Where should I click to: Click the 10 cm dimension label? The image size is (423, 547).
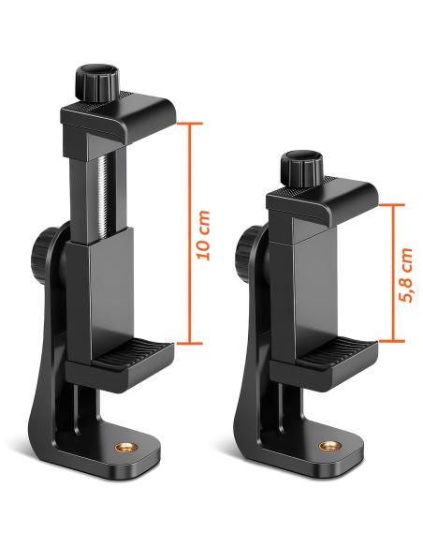pyautogui.click(x=203, y=235)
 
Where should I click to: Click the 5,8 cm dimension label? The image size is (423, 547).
pyautogui.click(x=406, y=274)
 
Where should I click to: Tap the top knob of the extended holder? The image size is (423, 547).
pyautogui.click(x=97, y=82)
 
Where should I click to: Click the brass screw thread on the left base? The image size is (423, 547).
pyautogui.click(x=124, y=447)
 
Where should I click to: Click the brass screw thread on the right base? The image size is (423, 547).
pyautogui.click(x=328, y=446)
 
